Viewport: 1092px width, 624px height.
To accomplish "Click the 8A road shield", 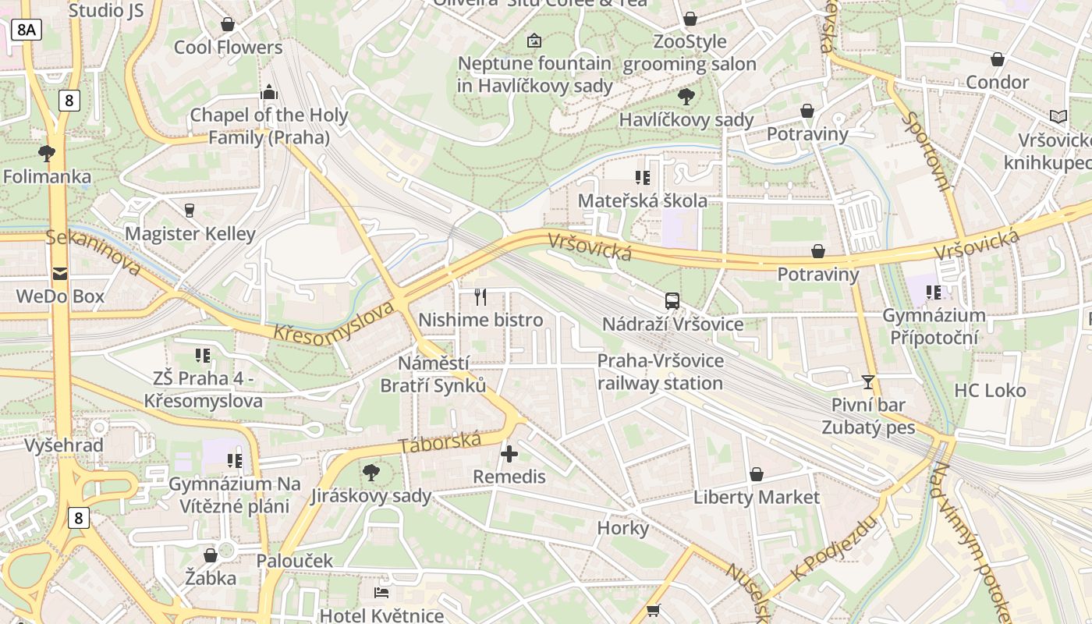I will tap(26, 30).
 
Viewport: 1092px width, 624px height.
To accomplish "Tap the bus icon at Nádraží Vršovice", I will tap(672, 300).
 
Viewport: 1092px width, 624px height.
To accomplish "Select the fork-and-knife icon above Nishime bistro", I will tap(480, 297).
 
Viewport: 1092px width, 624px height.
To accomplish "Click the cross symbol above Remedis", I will tap(509, 453).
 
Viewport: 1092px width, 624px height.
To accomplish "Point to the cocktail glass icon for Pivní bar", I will tap(867, 381).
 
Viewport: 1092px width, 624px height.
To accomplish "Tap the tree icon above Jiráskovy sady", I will tap(370, 472).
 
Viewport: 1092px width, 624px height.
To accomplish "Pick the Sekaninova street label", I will tap(93, 252).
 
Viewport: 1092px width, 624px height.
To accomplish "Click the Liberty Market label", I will tap(756, 497).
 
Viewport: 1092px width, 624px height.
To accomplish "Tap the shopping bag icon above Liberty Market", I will tap(756, 474).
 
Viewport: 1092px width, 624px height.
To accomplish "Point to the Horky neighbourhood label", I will tap(622, 528).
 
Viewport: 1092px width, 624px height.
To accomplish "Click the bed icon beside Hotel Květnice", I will tap(381, 593).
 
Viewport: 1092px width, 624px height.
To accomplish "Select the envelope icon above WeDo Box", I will tap(60, 273).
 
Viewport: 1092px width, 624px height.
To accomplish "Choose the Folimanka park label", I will tap(47, 176).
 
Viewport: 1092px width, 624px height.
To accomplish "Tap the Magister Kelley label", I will tap(190, 233).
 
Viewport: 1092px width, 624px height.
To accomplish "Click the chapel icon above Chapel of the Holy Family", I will tap(269, 92).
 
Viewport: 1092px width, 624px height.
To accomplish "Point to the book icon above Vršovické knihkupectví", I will tap(1058, 117).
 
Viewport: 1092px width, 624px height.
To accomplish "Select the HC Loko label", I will tap(990, 390).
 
